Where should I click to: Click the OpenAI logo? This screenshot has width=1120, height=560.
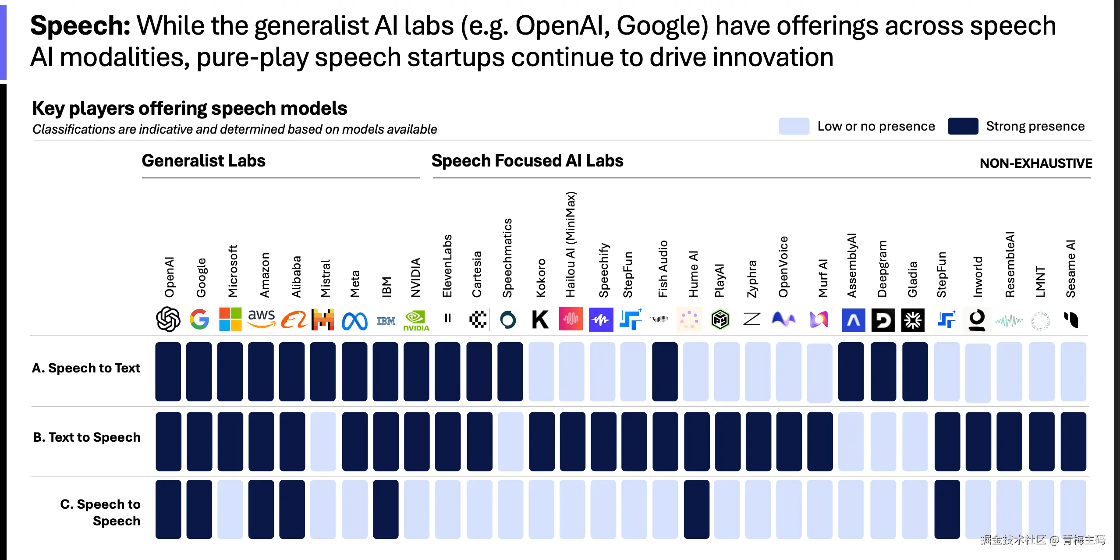[x=168, y=319]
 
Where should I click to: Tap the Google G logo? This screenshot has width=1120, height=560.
[x=199, y=319]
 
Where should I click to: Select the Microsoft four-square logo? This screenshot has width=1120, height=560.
[x=230, y=319]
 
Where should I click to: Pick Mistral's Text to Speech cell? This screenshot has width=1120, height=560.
[x=323, y=441]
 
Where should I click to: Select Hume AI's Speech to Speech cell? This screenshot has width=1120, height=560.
[x=696, y=509]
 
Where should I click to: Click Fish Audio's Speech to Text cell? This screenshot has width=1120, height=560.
[x=665, y=372]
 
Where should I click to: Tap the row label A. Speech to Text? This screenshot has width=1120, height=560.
[x=86, y=368]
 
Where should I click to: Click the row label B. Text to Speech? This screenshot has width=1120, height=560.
[x=87, y=437]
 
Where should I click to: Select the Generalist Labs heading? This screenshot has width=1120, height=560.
[x=203, y=161]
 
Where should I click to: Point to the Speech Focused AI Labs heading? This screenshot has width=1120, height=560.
[x=527, y=161]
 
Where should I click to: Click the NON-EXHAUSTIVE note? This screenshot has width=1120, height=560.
[x=1035, y=163]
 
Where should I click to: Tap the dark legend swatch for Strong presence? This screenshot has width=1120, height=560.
[x=963, y=126]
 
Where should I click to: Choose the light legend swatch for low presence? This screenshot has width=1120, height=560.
[x=794, y=126]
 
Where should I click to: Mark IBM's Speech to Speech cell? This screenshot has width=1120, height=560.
[x=386, y=509]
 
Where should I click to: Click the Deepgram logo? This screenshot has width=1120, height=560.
[x=883, y=320]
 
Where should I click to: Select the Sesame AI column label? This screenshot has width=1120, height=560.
[x=1070, y=268]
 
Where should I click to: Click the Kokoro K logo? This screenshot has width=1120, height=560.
[x=540, y=319]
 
